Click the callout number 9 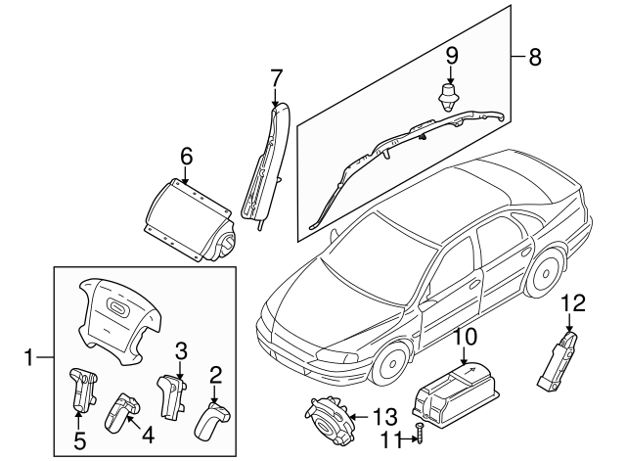pyautogui.click(x=451, y=54)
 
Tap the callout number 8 pyautogui.click(x=534, y=57)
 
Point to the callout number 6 pyautogui.click(x=186, y=154)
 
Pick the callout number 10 pyautogui.click(x=464, y=337)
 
